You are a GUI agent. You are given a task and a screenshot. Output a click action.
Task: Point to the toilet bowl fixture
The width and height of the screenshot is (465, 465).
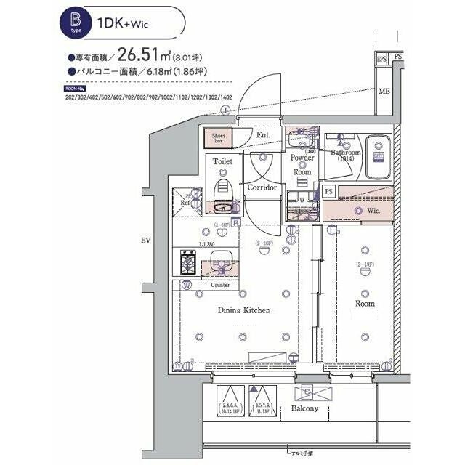223,187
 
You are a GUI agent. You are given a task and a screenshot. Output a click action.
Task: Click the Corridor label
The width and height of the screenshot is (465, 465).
262,187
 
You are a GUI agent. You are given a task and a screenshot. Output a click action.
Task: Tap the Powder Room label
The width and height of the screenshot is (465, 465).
302,165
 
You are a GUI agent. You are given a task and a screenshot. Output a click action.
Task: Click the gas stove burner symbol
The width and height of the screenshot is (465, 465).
186,260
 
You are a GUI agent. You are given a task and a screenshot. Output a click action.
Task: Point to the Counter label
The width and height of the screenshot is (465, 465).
220,286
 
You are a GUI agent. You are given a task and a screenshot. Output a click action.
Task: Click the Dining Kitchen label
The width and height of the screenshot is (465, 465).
243,310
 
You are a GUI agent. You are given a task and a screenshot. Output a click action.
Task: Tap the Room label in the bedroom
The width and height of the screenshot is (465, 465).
365,303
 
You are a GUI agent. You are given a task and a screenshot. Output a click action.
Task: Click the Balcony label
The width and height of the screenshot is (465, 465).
305,408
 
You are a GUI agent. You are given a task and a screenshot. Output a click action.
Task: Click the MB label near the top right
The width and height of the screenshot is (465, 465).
383,91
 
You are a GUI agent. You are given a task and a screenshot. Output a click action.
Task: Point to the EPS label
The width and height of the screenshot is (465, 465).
380,59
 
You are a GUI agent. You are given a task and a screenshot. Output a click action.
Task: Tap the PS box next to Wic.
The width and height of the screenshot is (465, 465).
329,191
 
